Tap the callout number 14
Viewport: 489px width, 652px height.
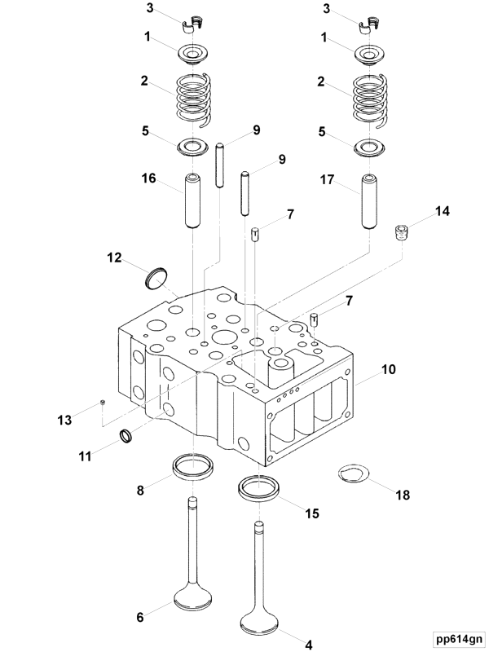(441, 211)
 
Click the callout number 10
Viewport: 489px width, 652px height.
(389, 369)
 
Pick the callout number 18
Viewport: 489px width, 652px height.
(402, 495)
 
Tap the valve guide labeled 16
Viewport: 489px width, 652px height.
(193, 201)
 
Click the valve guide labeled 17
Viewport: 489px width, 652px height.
(369, 201)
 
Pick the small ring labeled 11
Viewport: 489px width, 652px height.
(126, 436)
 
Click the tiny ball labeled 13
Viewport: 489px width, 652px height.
(102, 402)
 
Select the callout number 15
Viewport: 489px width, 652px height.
(311, 513)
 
